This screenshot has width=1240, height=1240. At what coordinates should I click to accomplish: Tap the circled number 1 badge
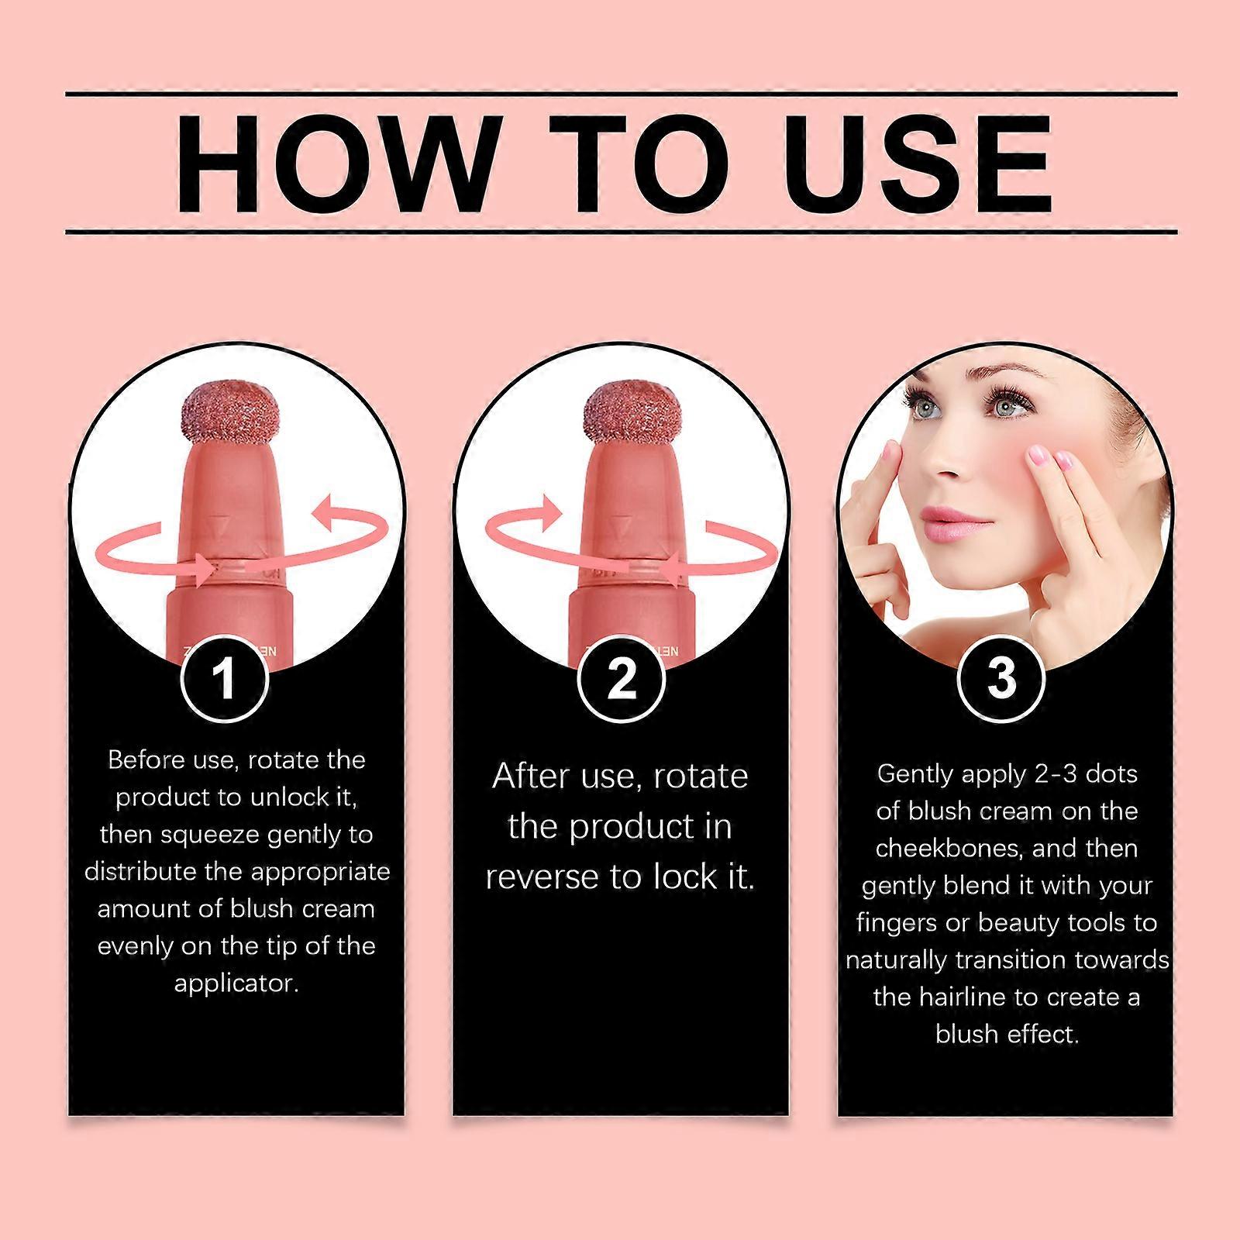225,678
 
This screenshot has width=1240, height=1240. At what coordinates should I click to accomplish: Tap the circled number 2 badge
621,678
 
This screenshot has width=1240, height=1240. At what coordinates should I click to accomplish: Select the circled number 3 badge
1001,678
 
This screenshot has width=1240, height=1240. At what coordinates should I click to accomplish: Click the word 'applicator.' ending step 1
236,983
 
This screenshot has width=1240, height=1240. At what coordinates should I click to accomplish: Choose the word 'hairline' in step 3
963,997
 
